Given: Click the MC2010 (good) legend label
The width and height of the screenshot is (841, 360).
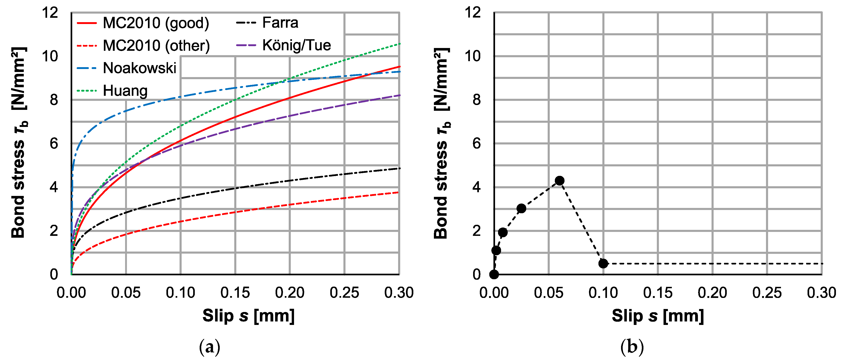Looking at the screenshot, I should click(x=156, y=23).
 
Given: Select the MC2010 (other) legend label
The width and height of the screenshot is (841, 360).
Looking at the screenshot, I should click(x=156, y=46).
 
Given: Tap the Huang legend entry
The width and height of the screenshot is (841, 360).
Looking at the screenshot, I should click(x=125, y=91).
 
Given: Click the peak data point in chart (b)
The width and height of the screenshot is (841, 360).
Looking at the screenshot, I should click(x=560, y=180).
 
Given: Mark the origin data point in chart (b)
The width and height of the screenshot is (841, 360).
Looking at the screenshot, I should click(x=494, y=274).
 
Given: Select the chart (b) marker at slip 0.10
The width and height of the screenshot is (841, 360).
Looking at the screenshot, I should click(x=603, y=263).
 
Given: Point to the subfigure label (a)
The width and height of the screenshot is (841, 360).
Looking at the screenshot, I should click(x=210, y=347).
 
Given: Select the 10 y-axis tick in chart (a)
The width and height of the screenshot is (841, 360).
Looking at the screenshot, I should click(x=50, y=57).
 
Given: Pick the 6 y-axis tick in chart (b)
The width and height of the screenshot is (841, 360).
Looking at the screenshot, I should click(x=476, y=144).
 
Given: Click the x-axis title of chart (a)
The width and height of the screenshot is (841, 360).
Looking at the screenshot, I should click(x=249, y=316).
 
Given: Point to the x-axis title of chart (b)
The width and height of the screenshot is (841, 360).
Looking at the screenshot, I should click(x=658, y=316).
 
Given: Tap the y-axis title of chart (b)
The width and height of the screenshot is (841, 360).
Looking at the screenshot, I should click(x=442, y=144).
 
